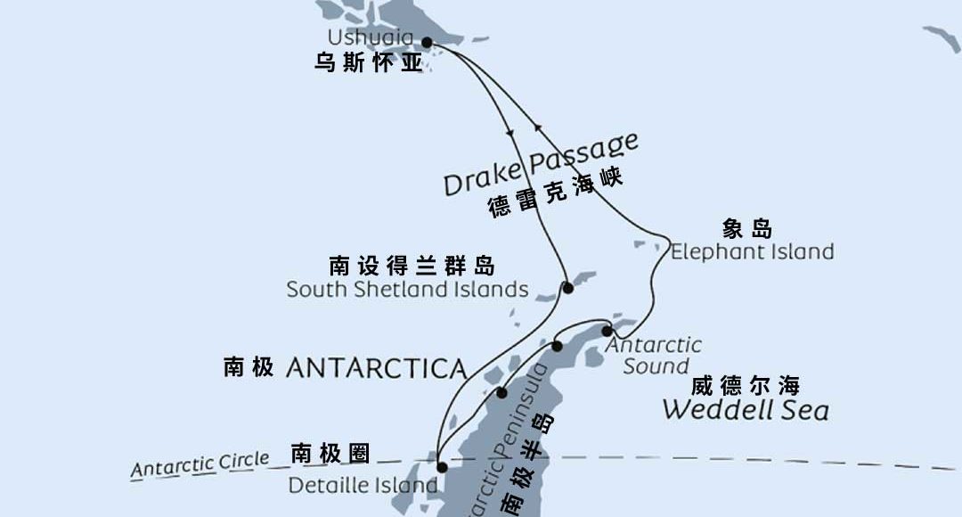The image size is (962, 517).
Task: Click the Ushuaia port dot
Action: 427,42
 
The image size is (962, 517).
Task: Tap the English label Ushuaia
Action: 371,37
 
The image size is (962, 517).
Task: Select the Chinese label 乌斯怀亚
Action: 369,64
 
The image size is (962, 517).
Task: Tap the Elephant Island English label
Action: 752,251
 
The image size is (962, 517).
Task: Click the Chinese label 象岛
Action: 747,228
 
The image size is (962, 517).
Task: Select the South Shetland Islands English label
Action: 407,290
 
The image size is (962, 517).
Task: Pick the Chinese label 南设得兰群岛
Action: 412,266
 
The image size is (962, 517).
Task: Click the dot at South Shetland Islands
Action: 567,287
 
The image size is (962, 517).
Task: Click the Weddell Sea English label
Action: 746,410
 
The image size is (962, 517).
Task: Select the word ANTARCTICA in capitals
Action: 376,368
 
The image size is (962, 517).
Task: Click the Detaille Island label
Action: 363,486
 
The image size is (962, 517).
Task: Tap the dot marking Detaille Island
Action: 441,466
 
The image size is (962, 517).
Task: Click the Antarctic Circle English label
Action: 200,464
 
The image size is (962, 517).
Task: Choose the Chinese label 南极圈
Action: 330,453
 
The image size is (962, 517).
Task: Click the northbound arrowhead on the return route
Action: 536,126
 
